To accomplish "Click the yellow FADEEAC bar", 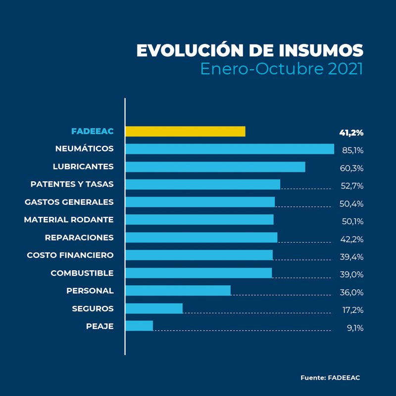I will [185, 131].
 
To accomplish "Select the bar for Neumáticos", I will [230, 149].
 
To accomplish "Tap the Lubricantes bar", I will [215, 167].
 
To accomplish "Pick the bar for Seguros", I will [154, 309].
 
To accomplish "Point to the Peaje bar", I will [139, 326].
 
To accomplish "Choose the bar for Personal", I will [178, 291].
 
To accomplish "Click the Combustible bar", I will [198, 273].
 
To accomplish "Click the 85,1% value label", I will [352, 150].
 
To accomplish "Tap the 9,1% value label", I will [355, 327].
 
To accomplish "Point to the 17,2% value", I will [352, 310].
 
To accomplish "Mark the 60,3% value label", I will [352, 168].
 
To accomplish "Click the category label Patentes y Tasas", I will [72, 184].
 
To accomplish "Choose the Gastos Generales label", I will [69, 202].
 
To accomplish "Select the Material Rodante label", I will [68, 220].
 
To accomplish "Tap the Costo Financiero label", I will [70, 255].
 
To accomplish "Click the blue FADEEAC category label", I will [92, 131].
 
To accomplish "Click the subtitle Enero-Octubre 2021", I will [281, 68].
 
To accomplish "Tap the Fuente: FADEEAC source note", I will [330, 378].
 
